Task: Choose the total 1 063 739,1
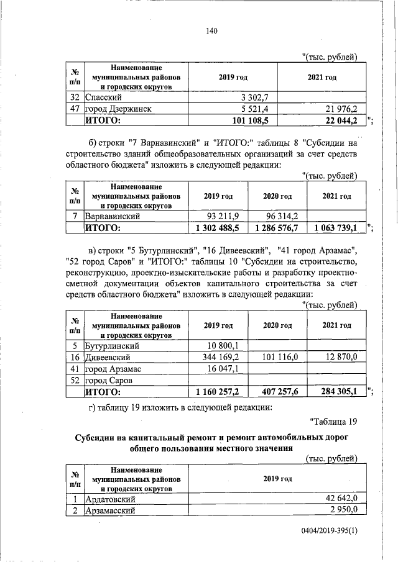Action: click(335, 228)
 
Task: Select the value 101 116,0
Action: click(280, 357)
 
